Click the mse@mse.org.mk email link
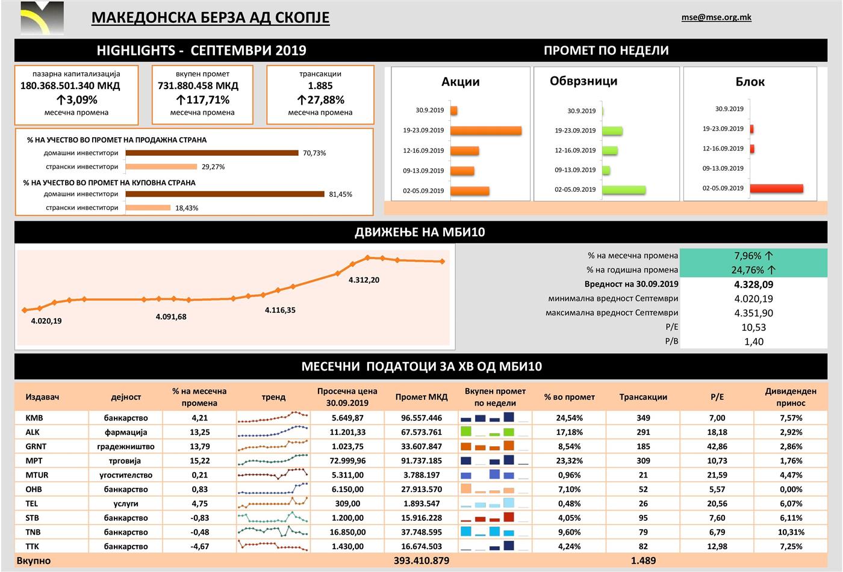(716, 17)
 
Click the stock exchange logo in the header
(42, 18)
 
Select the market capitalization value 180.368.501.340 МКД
(70, 86)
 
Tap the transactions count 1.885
(320, 86)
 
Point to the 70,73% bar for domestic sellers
(212, 153)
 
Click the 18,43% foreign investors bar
(148, 208)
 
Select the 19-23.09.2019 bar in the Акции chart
(485, 131)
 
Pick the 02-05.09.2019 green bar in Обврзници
(623, 189)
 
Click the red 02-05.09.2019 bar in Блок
(776, 188)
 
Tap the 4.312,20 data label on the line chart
(364, 280)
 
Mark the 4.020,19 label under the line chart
(46, 321)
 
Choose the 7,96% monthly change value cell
(753, 256)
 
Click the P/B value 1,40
(753, 342)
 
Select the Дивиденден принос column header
(791, 397)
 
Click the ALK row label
(33, 432)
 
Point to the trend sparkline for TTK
(273, 546)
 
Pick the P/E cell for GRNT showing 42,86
(717, 446)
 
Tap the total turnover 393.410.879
(421, 561)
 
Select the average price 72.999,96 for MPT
(347, 461)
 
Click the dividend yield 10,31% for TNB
(791, 532)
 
